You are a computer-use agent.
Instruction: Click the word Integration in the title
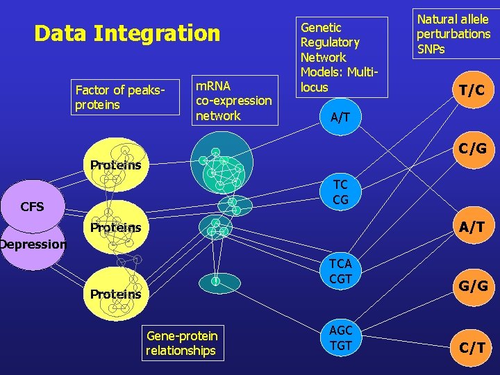point(156,33)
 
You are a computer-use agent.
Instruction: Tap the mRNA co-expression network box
point(233,101)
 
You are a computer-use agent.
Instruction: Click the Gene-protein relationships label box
point(182,343)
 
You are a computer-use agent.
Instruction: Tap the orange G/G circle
point(472,285)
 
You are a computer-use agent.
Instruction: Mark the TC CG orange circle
point(340,192)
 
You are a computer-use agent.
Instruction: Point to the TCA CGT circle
point(340,272)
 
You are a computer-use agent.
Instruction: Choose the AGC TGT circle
point(341,337)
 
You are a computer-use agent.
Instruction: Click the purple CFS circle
point(32,206)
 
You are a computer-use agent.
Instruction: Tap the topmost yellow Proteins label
point(115,165)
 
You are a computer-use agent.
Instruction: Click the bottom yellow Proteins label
point(115,294)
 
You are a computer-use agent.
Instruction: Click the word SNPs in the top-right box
point(431,49)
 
